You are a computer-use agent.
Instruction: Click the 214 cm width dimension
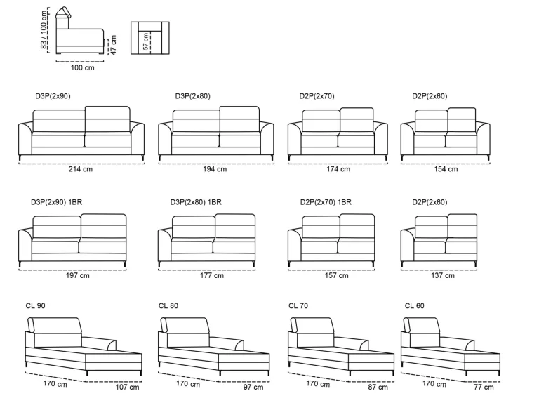pyautogui.click(x=81, y=169)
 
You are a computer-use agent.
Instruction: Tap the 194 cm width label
pyautogui.click(x=215, y=169)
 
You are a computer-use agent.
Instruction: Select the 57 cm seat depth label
pyautogui.click(x=146, y=41)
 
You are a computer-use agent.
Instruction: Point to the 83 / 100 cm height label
pyautogui.click(x=44, y=30)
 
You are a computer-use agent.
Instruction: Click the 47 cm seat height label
pyautogui.click(x=114, y=45)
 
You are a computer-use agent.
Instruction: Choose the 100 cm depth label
pyautogui.click(x=83, y=68)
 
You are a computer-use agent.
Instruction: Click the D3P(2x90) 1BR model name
pyautogui.click(x=57, y=202)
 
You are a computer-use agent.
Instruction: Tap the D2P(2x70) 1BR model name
pyautogui.click(x=326, y=202)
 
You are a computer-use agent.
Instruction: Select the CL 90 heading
pyautogui.click(x=35, y=306)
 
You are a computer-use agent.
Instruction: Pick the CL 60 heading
pyautogui.click(x=415, y=306)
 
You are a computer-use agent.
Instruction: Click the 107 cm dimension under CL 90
pyautogui.click(x=127, y=387)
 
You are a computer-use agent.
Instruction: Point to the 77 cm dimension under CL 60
pyautogui.click(x=484, y=387)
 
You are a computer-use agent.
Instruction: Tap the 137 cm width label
pyautogui.click(x=443, y=275)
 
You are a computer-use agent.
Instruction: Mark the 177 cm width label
pyautogui.click(x=212, y=275)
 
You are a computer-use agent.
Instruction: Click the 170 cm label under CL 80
pyautogui.click(x=188, y=383)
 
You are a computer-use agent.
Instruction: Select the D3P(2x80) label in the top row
pyautogui.click(x=193, y=96)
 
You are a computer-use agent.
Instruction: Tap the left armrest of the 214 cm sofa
pyautogui.click(x=25, y=139)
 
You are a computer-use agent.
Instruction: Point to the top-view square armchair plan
pyautogui.click(x=150, y=38)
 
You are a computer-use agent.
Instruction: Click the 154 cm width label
pyautogui.click(x=446, y=169)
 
